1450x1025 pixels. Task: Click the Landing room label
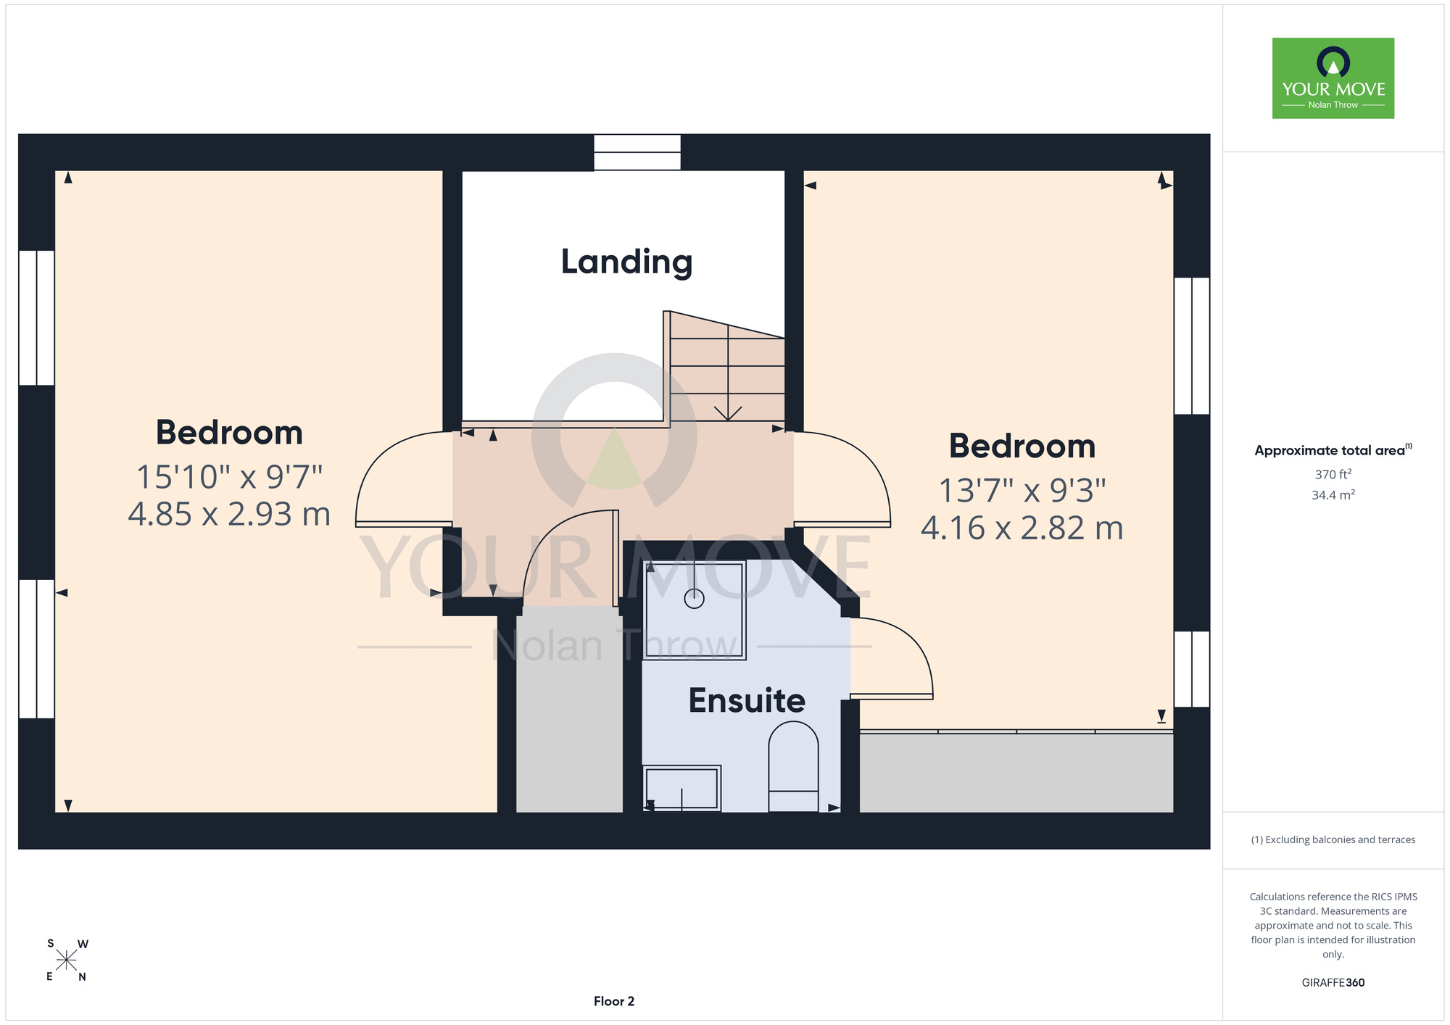(x=626, y=262)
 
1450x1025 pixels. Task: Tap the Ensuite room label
(x=747, y=700)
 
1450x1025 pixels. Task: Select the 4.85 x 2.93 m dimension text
(x=229, y=514)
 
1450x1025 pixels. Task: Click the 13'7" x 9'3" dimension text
(x=1022, y=491)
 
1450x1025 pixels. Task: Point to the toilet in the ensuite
(x=793, y=766)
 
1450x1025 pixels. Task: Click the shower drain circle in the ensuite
(x=694, y=599)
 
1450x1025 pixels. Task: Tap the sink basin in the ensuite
(x=681, y=788)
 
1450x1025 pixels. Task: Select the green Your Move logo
(x=1333, y=78)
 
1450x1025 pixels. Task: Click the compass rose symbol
(x=66, y=960)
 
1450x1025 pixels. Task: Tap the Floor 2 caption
(x=614, y=1001)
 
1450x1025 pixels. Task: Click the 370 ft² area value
(x=1333, y=475)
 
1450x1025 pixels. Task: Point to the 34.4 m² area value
(x=1333, y=495)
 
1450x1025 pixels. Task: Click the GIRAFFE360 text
(x=1333, y=983)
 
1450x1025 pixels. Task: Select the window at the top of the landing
(x=637, y=152)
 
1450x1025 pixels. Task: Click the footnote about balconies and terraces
(x=1333, y=839)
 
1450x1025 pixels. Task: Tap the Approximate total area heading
(x=1333, y=450)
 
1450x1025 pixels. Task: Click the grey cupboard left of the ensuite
(x=569, y=709)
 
